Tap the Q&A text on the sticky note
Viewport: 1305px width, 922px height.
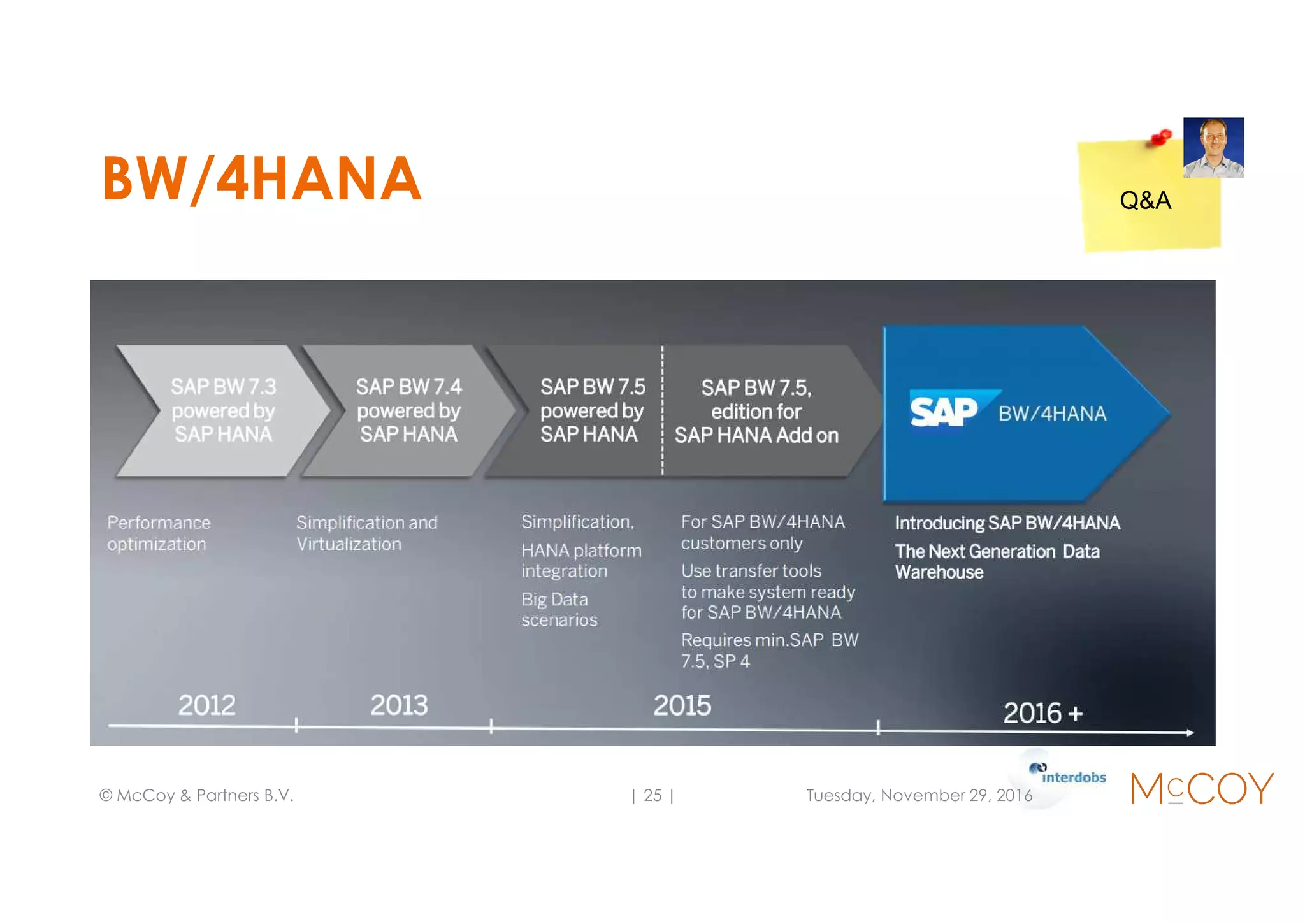(1145, 201)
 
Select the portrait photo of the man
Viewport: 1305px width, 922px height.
(1213, 147)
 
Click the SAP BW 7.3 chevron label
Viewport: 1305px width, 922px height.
(223, 410)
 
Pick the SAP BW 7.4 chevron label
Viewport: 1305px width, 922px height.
(408, 410)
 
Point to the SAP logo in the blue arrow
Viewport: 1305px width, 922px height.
(944, 411)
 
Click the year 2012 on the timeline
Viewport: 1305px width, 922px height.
(206, 705)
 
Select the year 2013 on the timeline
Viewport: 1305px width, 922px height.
(399, 705)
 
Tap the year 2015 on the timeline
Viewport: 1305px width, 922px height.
(682, 705)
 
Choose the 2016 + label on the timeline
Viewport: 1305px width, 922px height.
(1042, 713)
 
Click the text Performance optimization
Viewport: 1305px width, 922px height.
(158, 533)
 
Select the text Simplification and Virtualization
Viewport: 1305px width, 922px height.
(366, 533)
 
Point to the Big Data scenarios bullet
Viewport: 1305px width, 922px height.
(559, 609)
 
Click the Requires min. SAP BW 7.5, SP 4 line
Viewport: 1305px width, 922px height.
(769, 651)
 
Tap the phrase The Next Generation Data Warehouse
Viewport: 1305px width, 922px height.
(997, 561)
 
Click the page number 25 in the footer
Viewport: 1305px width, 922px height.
(652, 795)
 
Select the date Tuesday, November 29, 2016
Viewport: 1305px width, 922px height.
(918, 795)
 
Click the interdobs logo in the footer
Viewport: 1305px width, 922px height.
(1068, 775)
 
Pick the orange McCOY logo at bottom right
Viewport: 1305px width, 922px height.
(1201, 788)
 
